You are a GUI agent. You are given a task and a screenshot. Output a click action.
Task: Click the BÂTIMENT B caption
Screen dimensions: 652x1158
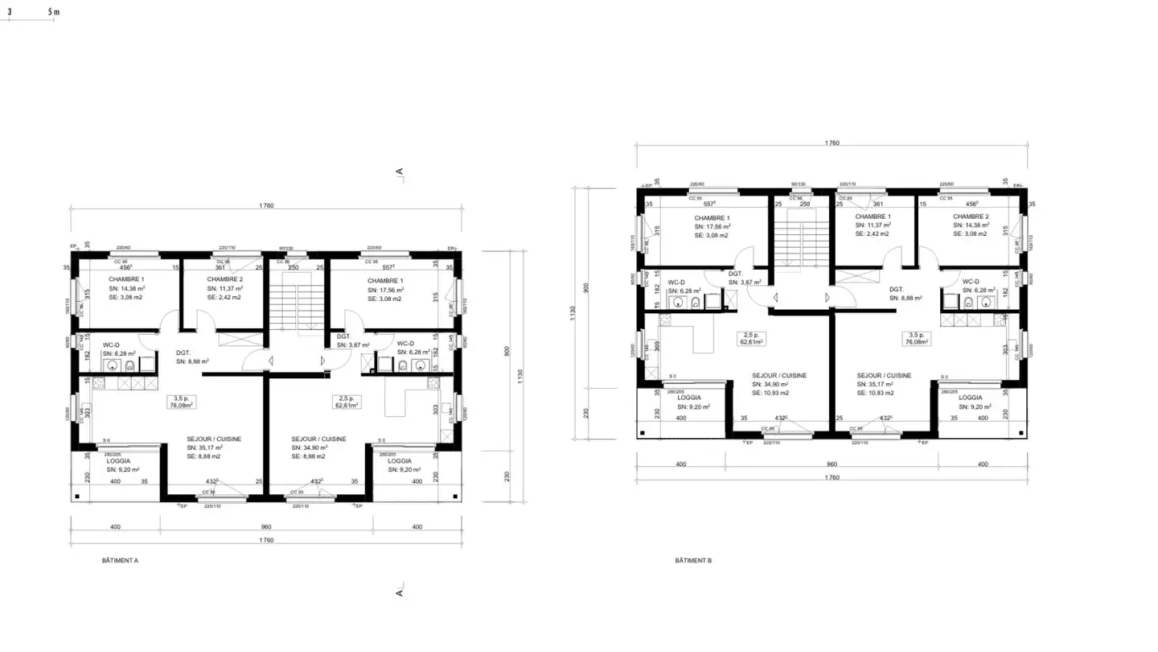693,559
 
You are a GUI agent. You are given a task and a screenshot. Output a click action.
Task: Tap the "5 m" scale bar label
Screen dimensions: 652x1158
53,13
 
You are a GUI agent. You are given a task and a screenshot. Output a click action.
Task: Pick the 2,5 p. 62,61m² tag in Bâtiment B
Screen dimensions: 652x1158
750,337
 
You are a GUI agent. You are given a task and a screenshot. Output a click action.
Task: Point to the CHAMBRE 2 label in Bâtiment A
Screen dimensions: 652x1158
224,279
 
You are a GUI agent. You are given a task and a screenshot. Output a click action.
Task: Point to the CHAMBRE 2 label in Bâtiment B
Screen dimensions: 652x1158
971,217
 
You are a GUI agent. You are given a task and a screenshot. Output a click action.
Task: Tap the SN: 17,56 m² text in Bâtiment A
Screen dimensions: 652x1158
385,288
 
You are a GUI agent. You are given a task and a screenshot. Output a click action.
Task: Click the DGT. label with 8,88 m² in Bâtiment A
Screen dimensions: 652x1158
183,353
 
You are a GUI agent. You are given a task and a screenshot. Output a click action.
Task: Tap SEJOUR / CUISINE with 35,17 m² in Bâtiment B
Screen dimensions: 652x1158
884,375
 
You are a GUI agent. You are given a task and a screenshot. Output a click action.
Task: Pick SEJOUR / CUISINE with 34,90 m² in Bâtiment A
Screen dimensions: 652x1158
318,438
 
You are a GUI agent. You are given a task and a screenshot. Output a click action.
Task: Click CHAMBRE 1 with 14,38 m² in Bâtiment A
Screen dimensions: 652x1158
126,279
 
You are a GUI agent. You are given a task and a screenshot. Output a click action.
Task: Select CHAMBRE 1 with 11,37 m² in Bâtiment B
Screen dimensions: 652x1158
873,217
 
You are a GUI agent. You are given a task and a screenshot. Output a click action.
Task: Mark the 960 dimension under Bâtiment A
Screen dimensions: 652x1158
266,527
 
